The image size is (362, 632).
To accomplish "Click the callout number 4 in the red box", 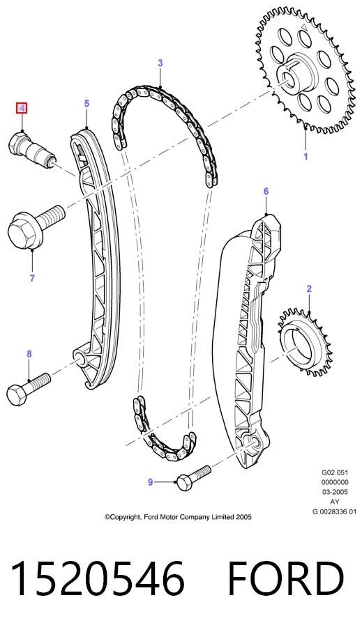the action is (x=22, y=108).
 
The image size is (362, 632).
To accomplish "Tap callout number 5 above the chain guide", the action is (x=86, y=104).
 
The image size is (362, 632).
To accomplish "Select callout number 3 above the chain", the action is (x=160, y=63).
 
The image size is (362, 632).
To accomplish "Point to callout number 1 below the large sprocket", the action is (x=306, y=156).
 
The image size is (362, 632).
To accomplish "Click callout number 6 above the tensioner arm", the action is (x=266, y=191).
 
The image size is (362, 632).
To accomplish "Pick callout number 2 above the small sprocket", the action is (x=309, y=288).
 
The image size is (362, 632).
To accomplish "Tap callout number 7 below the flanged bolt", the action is (x=32, y=278).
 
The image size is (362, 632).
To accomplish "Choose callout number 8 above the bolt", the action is (x=29, y=354).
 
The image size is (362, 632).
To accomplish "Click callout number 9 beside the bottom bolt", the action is (x=150, y=482).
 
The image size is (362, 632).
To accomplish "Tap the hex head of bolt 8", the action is (x=17, y=395).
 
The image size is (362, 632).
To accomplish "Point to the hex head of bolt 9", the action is (x=183, y=483).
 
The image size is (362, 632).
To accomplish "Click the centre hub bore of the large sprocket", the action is (x=289, y=79).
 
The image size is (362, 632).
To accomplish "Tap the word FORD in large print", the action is (x=286, y=579).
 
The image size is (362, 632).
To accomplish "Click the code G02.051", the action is (x=335, y=472).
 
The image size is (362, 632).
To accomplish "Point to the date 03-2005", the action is (x=335, y=492).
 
